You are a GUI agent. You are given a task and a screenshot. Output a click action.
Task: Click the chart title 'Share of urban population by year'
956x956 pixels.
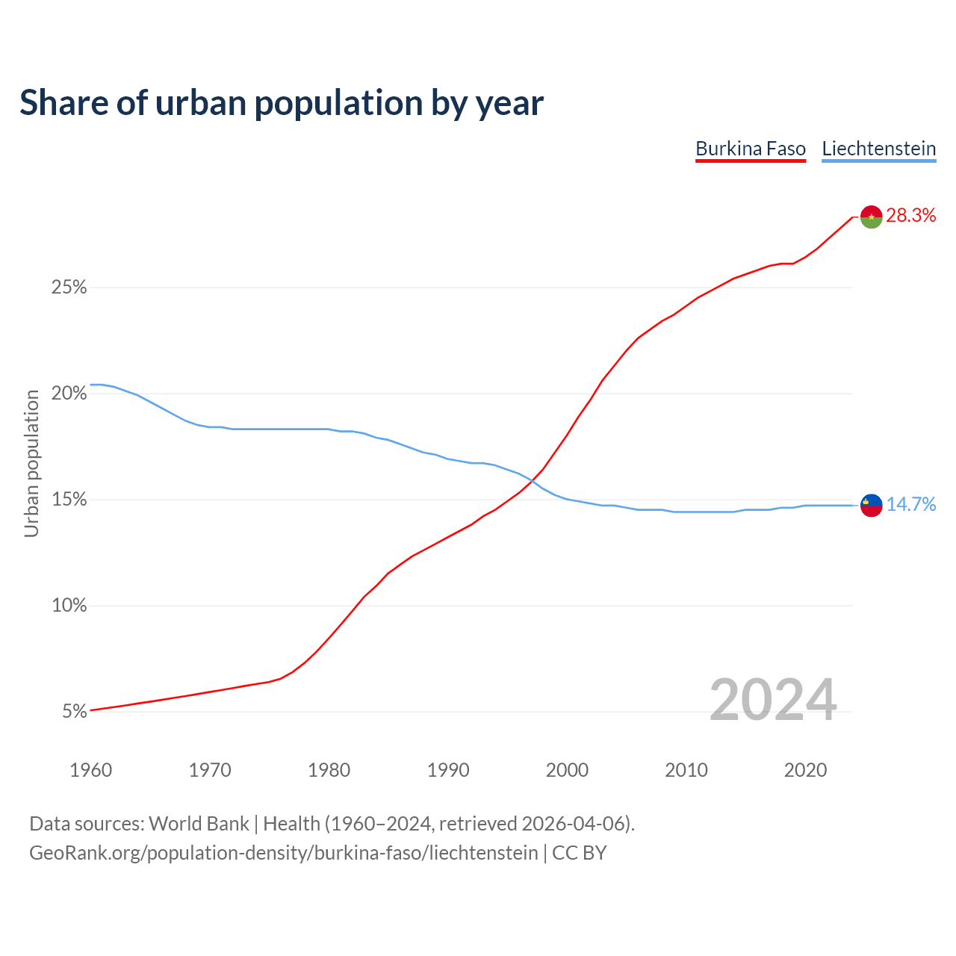[282, 103]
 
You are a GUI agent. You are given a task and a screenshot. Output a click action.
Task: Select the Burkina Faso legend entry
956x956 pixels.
[751, 149]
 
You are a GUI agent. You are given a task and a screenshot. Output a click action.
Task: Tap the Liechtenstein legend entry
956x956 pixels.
[878, 149]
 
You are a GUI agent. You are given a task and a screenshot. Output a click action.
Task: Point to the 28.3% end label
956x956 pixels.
[910, 216]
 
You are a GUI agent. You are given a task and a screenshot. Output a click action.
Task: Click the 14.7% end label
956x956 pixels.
[910, 505]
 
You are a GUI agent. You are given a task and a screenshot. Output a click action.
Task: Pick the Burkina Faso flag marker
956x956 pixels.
[872, 217]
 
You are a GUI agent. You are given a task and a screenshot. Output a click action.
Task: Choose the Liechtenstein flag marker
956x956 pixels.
[872, 505]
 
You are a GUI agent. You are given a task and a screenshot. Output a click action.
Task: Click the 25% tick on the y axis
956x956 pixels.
[69, 288]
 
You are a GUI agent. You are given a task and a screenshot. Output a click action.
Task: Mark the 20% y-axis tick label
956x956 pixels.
[69, 394]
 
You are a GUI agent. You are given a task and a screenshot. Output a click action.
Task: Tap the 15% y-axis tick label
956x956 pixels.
[69, 500]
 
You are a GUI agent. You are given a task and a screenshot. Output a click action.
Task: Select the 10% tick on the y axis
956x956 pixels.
[69, 606]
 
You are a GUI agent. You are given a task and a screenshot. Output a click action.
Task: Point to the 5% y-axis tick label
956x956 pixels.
[75, 712]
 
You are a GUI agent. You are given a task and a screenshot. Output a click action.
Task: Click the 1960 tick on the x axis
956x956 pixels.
[91, 770]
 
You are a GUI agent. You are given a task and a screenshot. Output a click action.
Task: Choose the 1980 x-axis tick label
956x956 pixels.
[329, 770]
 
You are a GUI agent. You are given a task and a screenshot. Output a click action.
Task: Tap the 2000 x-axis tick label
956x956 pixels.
[568, 770]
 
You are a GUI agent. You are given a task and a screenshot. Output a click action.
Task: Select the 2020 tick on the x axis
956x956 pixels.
[805, 770]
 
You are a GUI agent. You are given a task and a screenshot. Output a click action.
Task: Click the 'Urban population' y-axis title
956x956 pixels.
[31, 463]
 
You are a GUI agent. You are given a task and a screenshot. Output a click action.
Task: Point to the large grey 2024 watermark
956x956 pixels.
[773, 700]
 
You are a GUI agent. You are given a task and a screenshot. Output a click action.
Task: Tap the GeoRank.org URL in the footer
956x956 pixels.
[284, 853]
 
